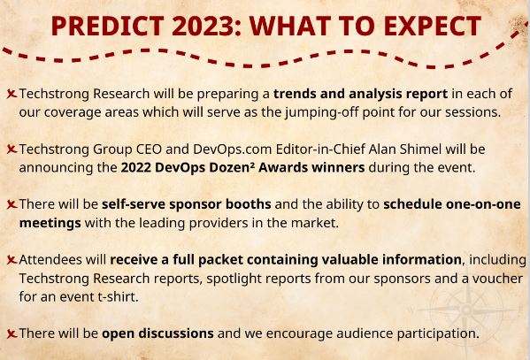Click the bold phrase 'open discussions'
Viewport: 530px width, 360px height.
[x=157, y=333]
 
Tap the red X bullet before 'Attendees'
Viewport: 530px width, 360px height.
[x=11, y=260]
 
